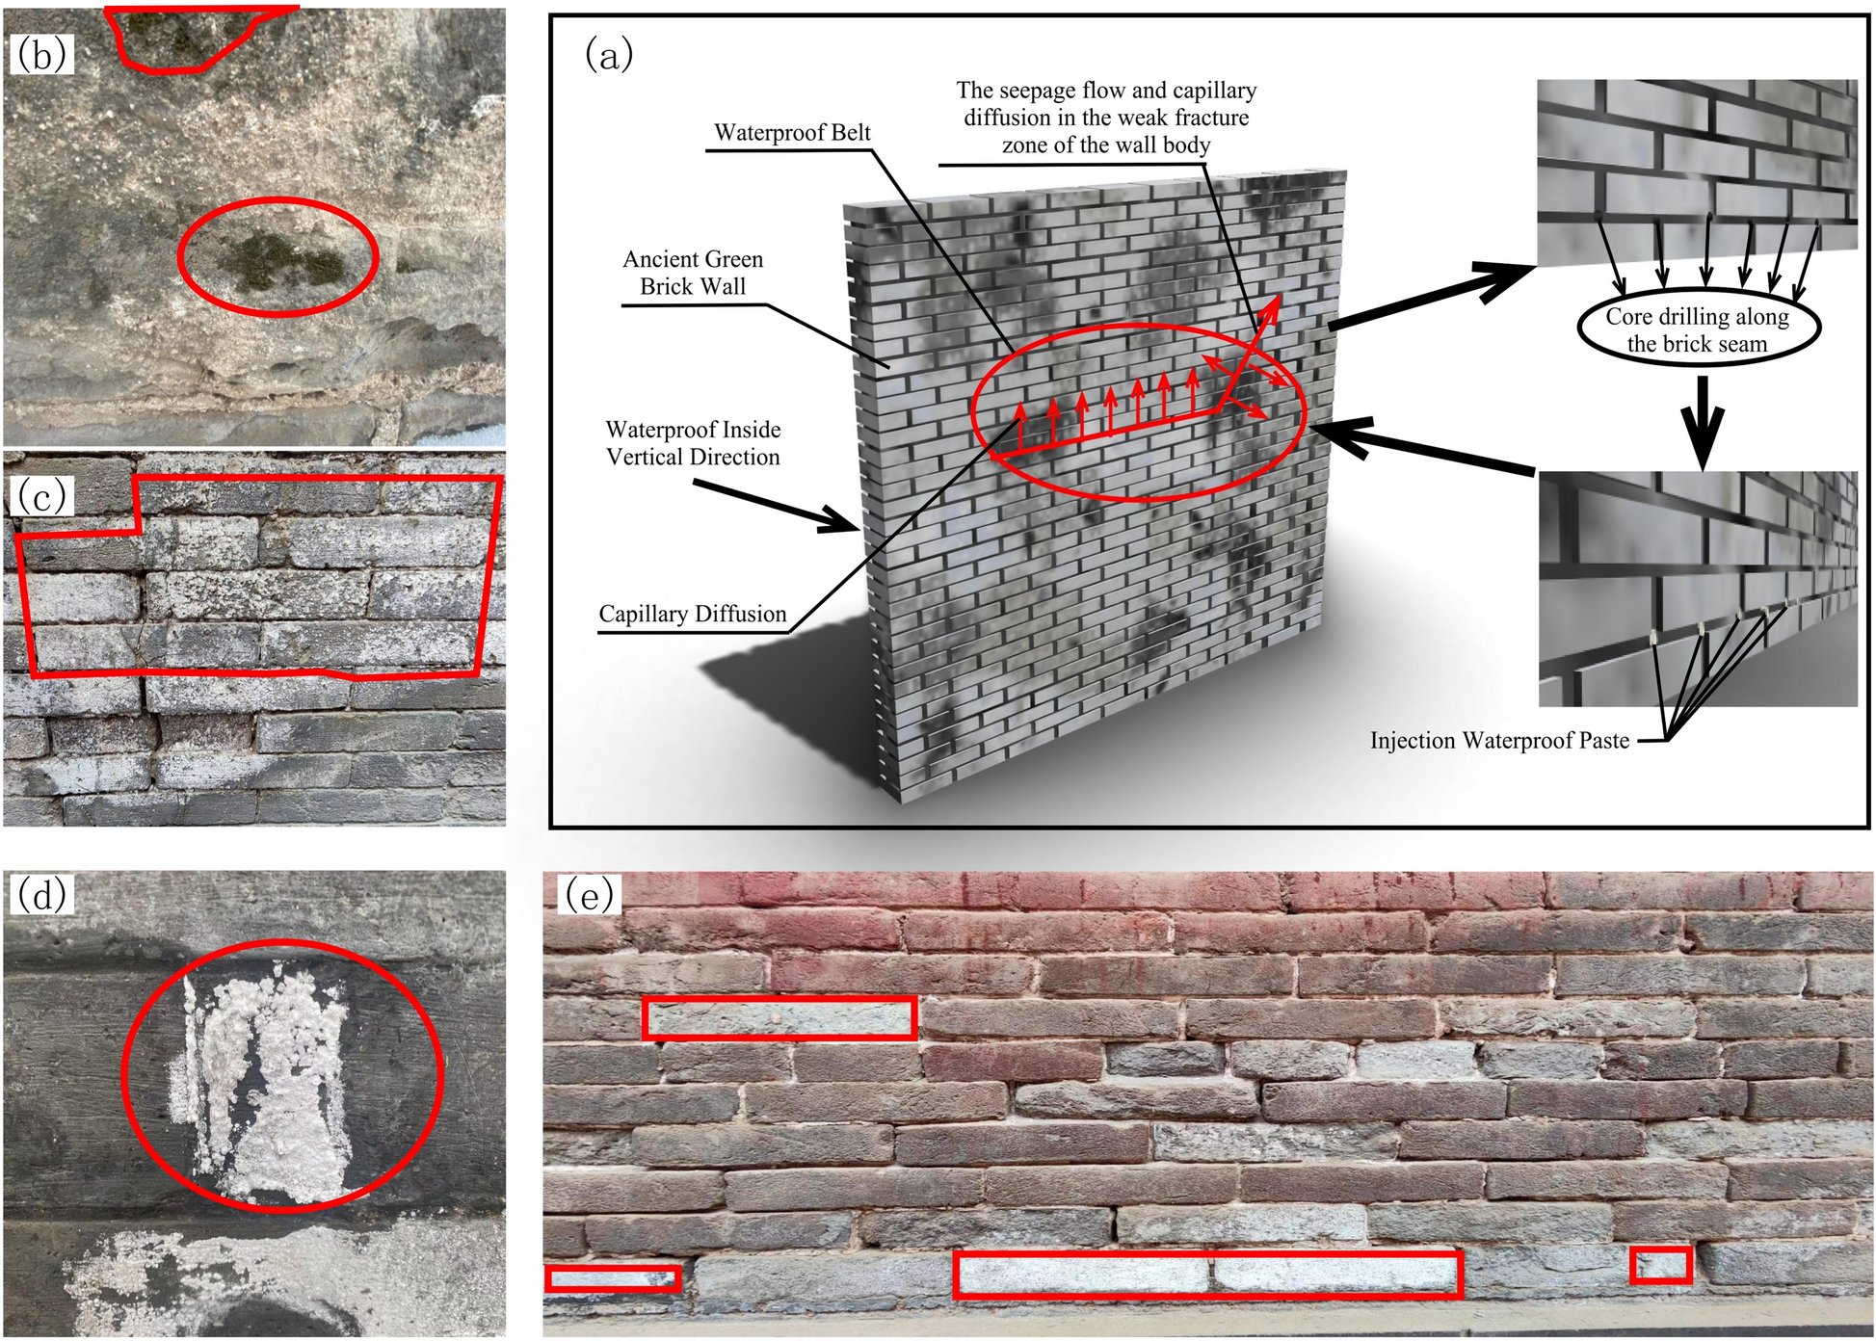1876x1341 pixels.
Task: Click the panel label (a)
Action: click(609, 55)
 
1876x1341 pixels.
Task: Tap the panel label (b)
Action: click(41, 55)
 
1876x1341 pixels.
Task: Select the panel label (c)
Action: click(41, 496)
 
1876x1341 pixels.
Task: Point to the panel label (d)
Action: click(41, 895)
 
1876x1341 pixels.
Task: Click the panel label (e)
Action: click(589, 895)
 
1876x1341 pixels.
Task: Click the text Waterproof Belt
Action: click(792, 133)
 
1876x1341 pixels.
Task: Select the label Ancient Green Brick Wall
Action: click(693, 273)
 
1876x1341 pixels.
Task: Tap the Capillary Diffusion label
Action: click(692, 615)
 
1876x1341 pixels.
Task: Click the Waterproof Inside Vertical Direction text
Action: click(693, 443)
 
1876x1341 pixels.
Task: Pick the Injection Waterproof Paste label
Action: click(1499, 741)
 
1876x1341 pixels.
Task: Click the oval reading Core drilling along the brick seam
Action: click(1698, 329)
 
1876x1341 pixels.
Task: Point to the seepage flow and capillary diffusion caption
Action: click(1106, 118)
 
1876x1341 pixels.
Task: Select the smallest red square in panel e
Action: click(1661, 1265)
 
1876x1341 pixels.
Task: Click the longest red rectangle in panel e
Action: click(1208, 1275)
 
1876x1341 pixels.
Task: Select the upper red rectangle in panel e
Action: click(779, 1018)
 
